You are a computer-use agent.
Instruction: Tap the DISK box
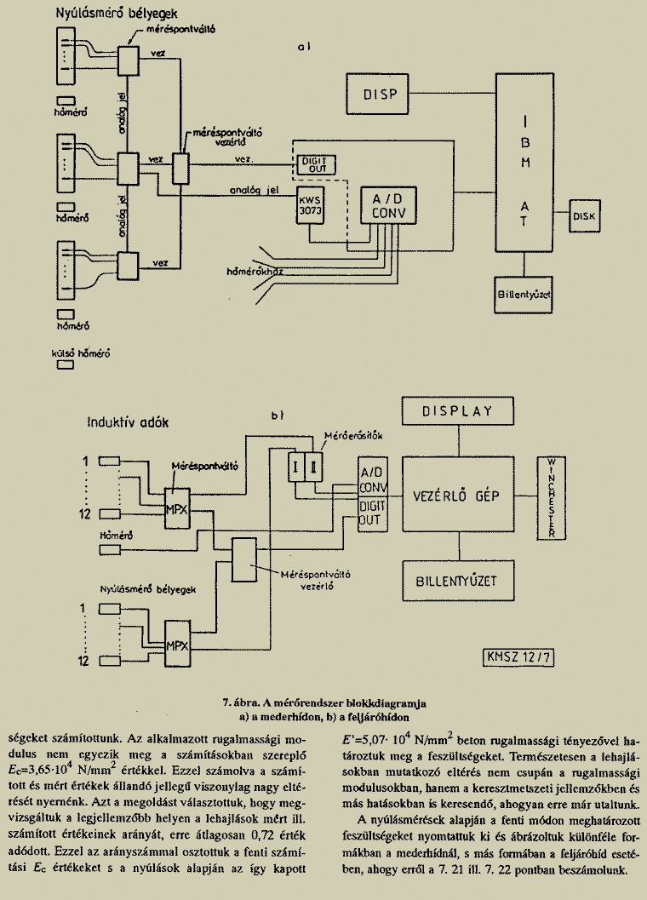pyautogui.click(x=587, y=215)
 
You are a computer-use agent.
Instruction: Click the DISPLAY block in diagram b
pyautogui.click(x=458, y=413)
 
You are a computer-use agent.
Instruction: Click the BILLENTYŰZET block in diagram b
pyautogui.click(x=458, y=582)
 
